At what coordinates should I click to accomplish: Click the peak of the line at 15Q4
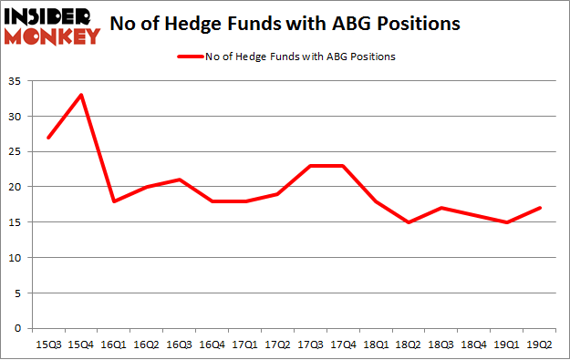[81, 95]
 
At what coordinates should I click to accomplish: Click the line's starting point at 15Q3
[48, 138]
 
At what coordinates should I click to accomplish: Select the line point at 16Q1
[114, 201]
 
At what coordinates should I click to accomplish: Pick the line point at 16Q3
[181, 180]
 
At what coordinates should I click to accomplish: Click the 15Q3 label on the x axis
[48, 344]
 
